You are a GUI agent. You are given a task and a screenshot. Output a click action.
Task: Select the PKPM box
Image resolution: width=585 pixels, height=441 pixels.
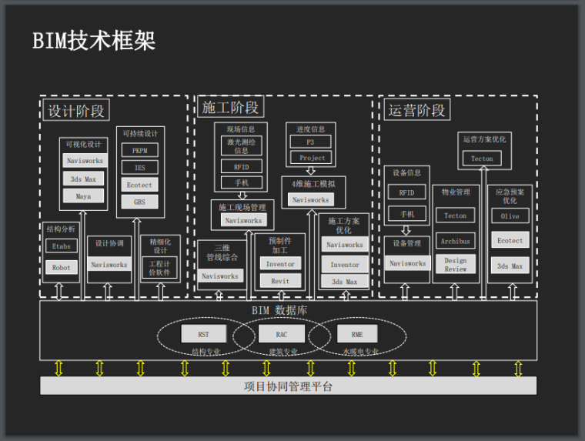tap(139, 151)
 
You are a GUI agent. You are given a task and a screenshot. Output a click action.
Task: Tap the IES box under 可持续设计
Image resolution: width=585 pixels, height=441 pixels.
tap(139, 168)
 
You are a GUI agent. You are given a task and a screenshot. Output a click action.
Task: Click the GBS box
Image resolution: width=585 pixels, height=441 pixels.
tap(139, 202)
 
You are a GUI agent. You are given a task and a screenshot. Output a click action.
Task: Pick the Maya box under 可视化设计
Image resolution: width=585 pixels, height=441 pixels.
tap(83, 196)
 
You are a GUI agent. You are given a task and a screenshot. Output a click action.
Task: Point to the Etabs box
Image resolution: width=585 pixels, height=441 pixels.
tap(61, 246)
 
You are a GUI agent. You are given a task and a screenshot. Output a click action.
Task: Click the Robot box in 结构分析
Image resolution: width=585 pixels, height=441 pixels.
tap(61, 268)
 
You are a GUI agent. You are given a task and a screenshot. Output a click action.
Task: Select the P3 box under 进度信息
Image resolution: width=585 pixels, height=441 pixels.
tap(310, 142)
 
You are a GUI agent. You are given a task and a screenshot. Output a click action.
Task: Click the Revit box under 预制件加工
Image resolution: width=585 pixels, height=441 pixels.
tap(280, 281)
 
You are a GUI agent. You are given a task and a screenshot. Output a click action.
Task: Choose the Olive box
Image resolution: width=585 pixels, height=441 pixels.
tap(510, 216)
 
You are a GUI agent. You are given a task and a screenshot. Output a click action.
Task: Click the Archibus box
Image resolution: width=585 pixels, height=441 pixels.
tap(455, 241)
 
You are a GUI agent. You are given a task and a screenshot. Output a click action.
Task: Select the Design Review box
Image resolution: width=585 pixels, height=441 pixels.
tap(455, 265)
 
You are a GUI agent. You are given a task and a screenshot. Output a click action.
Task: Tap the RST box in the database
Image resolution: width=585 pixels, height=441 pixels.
tap(203, 335)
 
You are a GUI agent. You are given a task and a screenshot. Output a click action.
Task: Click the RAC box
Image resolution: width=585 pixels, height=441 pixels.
tap(281, 335)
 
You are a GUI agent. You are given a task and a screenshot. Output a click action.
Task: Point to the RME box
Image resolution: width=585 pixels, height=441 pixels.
tap(357, 335)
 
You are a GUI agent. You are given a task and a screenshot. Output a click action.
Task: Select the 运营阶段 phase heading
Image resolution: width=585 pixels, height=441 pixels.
tap(417, 110)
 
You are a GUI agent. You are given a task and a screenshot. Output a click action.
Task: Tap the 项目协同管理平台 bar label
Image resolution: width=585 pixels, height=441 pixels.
tap(288, 386)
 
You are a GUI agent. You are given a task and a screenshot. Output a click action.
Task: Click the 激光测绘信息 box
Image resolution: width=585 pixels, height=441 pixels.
tap(241, 146)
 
